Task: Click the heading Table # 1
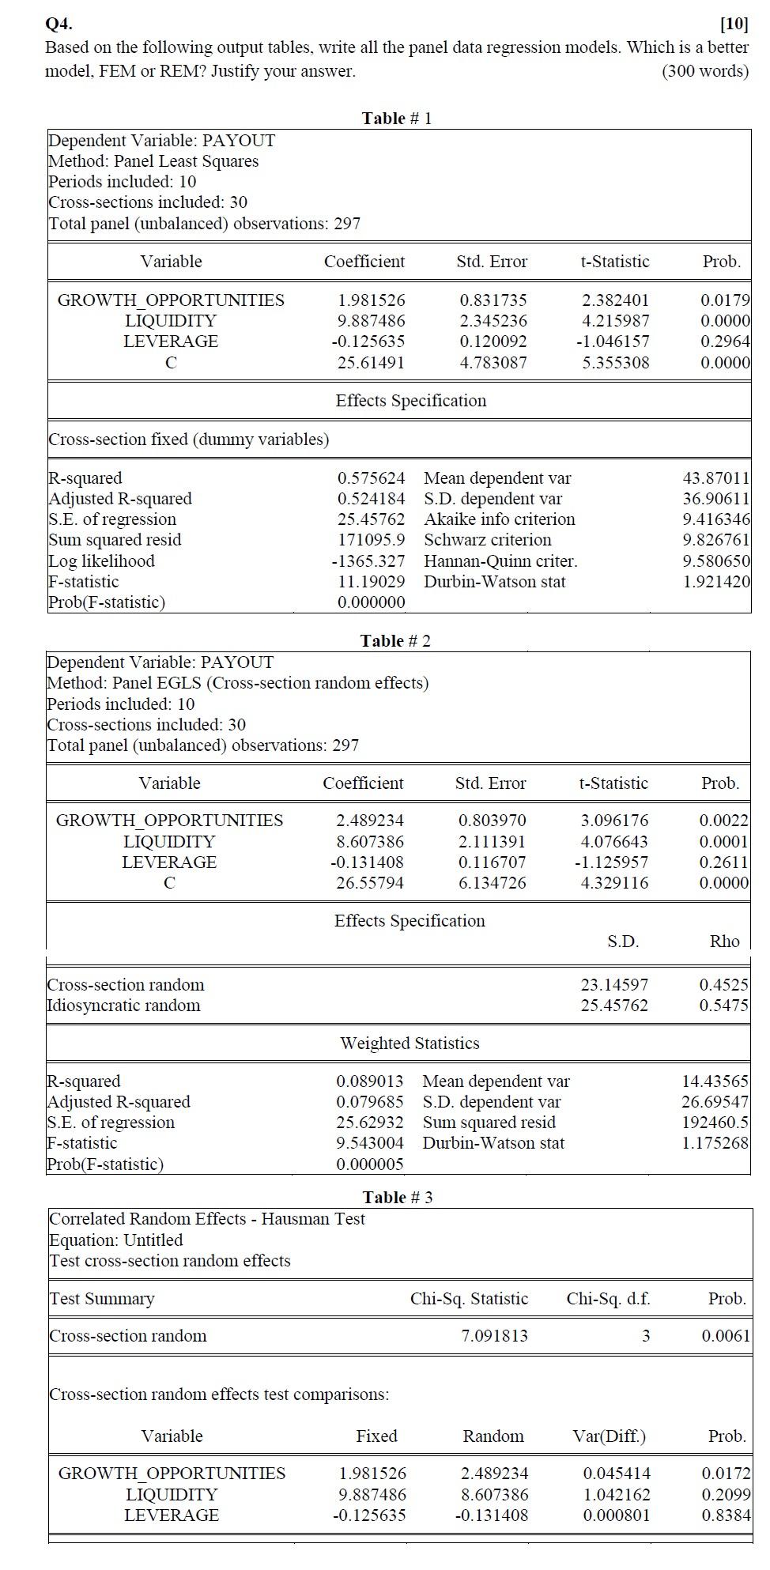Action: pos(396,119)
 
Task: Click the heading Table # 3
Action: pos(397,1197)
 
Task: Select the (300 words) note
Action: pos(704,71)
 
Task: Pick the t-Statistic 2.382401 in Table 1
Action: pos(615,300)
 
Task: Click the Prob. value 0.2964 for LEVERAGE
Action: pos(725,342)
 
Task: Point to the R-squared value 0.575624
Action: pos(371,478)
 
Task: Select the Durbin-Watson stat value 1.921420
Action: pos(716,582)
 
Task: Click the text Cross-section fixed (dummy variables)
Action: pos(188,440)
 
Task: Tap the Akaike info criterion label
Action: pos(499,519)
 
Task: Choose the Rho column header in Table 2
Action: pos(724,942)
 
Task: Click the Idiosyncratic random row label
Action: pos(123,1006)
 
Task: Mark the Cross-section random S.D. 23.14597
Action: pos(614,985)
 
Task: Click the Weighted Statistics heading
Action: pos(410,1044)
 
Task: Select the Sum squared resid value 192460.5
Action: pos(715,1123)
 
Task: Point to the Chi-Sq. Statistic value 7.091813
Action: pos(494,1336)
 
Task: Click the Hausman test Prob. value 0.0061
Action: pos(725,1336)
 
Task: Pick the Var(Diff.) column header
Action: pos(609,1436)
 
